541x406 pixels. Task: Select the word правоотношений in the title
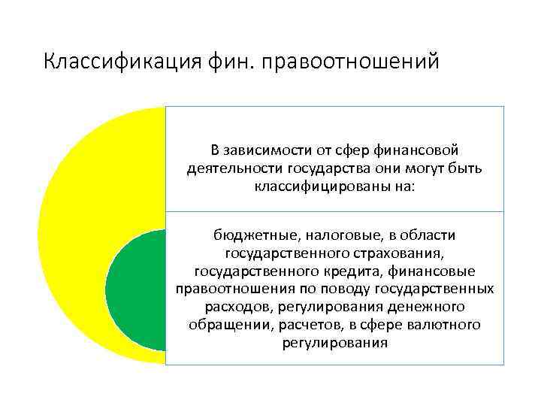click(349, 61)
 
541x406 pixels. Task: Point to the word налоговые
click(331, 236)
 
